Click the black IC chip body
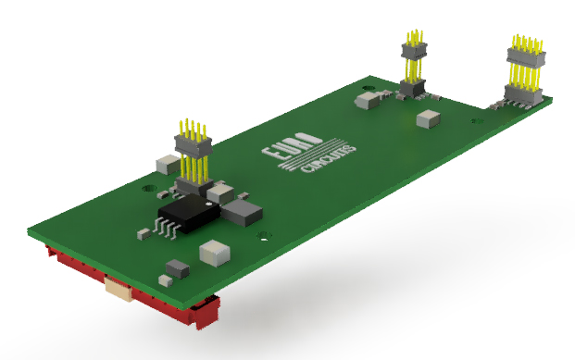(190, 214)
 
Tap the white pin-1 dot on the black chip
(208, 204)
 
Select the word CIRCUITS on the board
(328, 159)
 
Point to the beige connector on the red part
(119, 290)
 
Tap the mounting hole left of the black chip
(149, 188)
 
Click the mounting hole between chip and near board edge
(265, 236)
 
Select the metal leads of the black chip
(167, 228)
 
